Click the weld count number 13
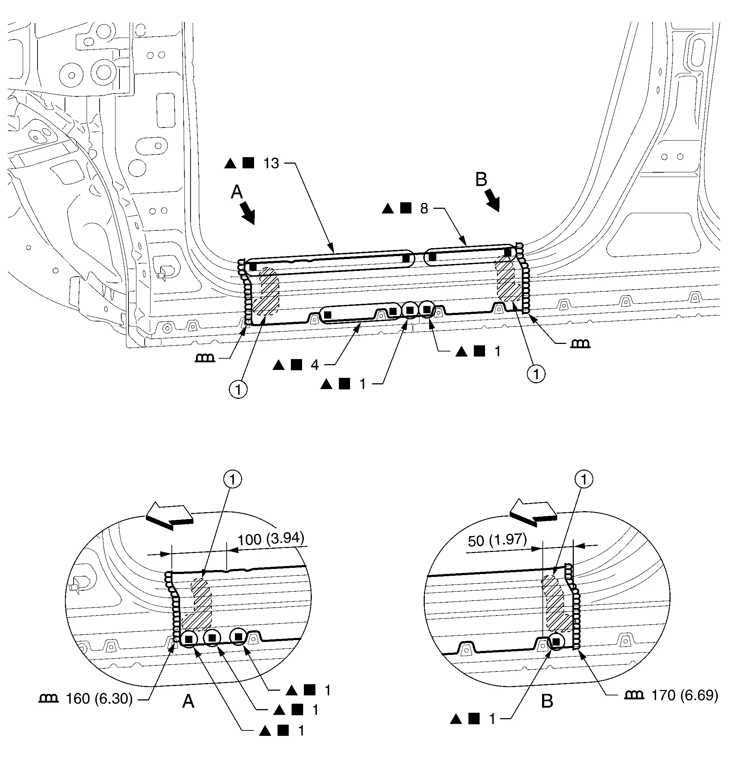point(271,163)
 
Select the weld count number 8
point(424,208)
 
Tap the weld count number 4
point(314,365)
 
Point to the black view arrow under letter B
point(492,200)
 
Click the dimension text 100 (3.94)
point(271,538)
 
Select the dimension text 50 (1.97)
point(497,540)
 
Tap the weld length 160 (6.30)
point(99,699)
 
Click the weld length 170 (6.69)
point(685,695)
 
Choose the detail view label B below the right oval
point(547,701)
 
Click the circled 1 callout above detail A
point(233,479)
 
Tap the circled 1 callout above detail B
point(584,479)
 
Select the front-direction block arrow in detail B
point(532,512)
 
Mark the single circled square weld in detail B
point(556,642)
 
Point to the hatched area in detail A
point(200,607)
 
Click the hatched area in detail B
point(554,603)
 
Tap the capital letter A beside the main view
point(237,192)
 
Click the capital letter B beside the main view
point(481,180)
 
